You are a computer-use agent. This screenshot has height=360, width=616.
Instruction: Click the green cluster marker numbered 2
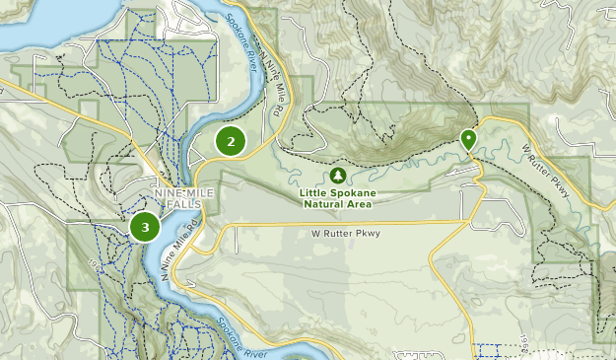[231, 141]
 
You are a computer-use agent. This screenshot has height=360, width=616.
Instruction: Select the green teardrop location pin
[468, 139]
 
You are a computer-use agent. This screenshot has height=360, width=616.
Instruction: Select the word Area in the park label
[359, 204]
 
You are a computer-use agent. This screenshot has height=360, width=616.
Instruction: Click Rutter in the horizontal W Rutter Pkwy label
[338, 234]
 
